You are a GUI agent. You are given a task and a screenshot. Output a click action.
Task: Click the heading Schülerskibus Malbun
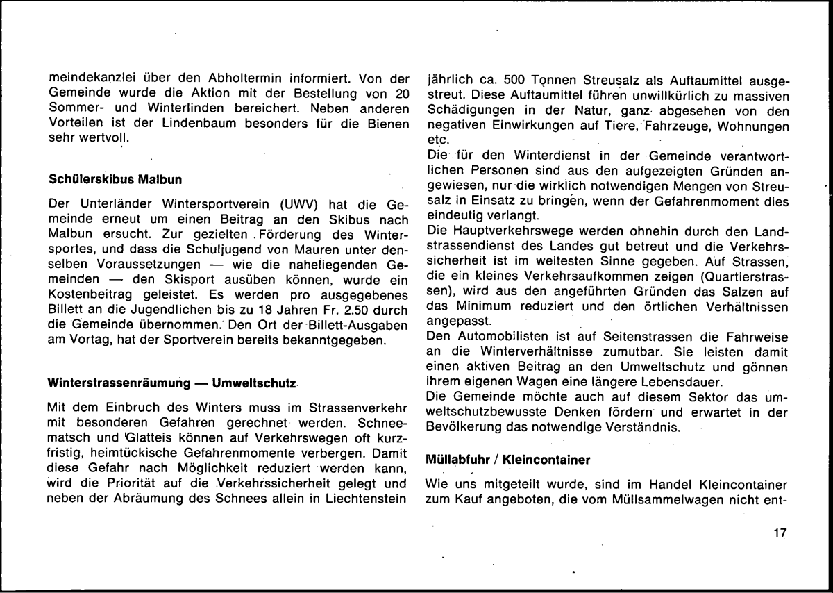(x=116, y=180)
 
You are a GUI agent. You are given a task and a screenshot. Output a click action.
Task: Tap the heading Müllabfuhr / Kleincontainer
(x=507, y=459)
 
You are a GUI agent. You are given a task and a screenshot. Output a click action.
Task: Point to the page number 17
(x=778, y=533)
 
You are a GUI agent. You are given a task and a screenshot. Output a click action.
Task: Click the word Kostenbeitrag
(x=87, y=293)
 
